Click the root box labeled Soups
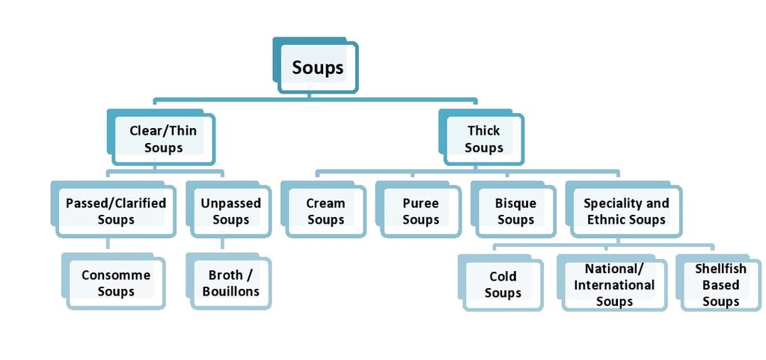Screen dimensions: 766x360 click(x=316, y=65)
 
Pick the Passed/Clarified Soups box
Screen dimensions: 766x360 click(x=114, y=210)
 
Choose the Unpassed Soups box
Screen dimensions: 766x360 click(x=229, y=210)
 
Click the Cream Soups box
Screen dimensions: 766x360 click(x=323, y=210)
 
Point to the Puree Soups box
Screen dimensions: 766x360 click(x=418, y=210)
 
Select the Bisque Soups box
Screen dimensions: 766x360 click(x=513, y=210)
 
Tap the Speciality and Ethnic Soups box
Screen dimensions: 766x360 click(x=624, y=210)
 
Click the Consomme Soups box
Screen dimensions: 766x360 click(x=114, y=281)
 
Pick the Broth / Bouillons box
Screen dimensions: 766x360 click(x=229, y=281)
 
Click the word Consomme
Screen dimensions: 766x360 click(x=116, y=275)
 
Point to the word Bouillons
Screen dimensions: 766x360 click(x=231, y=292)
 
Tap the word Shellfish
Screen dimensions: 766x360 click(x=721, y=269)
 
